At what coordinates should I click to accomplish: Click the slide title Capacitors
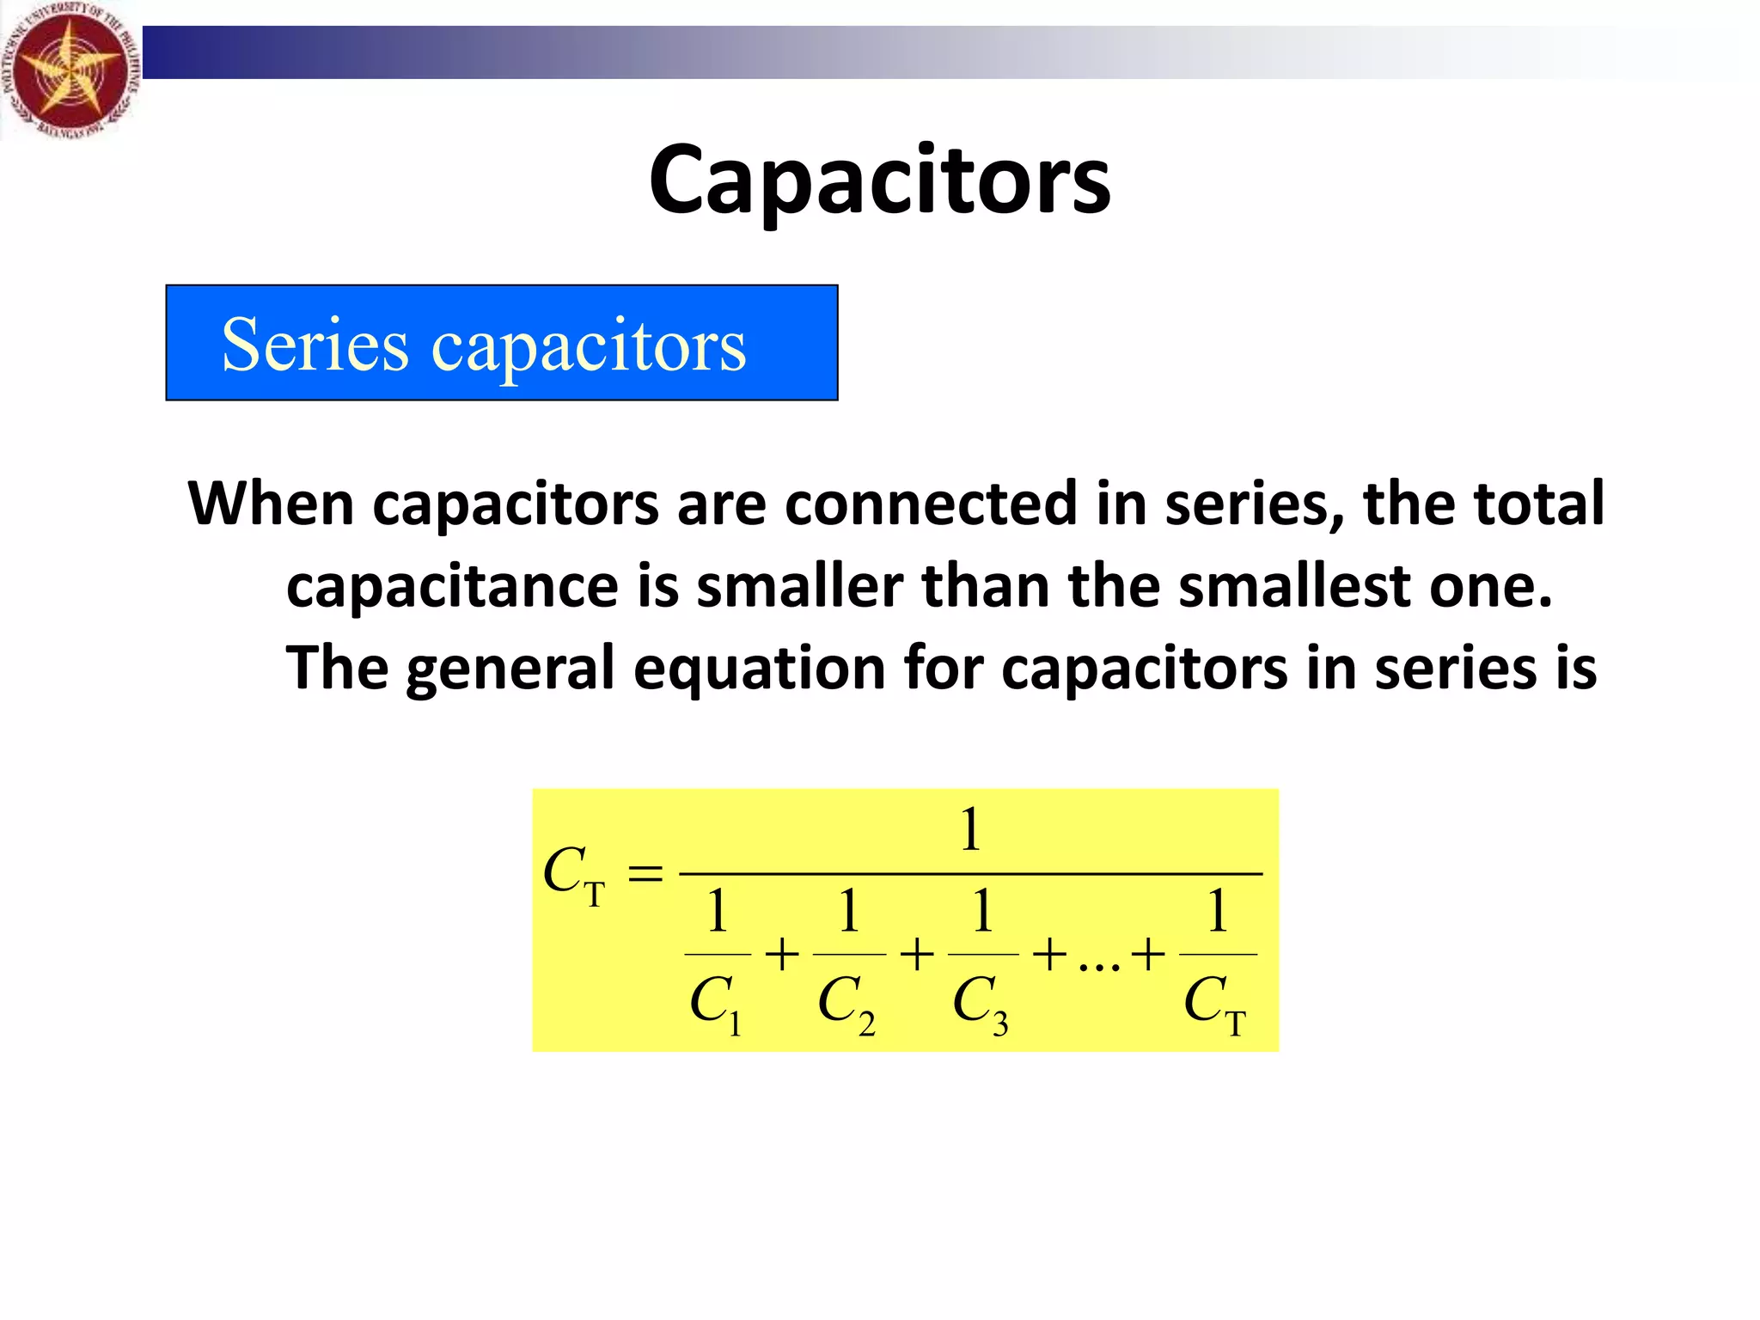pyautogui.click(x=879, y=180)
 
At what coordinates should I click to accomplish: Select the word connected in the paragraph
pyautogui.click(x=931, y=504)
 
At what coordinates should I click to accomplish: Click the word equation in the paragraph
pyautogui.click(x=759, y=669)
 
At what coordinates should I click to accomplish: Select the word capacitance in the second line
pyautogui.click(x=452, y=586)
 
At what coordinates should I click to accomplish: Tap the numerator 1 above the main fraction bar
pyautogui.click(x=970, y=829)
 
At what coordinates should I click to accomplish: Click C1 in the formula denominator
pyautogui.click(x=715, y=1003)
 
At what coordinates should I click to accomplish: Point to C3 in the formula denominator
pyautogui.click(x=981, y=1003)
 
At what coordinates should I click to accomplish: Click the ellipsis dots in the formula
pyautogui.click(x=1099, y=967)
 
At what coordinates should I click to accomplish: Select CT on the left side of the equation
pyautogui.click(x=574, y=875)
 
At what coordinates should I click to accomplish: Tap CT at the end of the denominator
pyautogui.click(x=1214, y=1003)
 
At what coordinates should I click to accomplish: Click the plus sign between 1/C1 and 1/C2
pyautogui.click(x=782, y=955)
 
